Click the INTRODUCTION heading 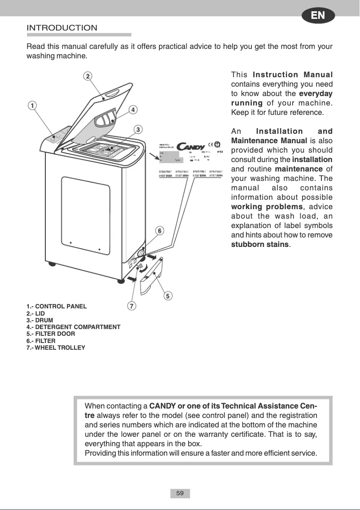point(62,28)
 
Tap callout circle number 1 point(32,105)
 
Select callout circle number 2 point(88,75)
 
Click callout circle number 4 point(133,109)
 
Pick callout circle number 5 point(167,296)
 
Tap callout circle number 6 point(159,230)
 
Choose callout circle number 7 point(131,306)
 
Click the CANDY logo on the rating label point(191,146)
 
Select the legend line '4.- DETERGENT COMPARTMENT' point(73,327)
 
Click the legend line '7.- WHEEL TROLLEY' point(56,347)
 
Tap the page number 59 point(180,493)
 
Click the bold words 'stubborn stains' point(260,245)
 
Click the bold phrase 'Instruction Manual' point(293,75)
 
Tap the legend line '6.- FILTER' point(41,341)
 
